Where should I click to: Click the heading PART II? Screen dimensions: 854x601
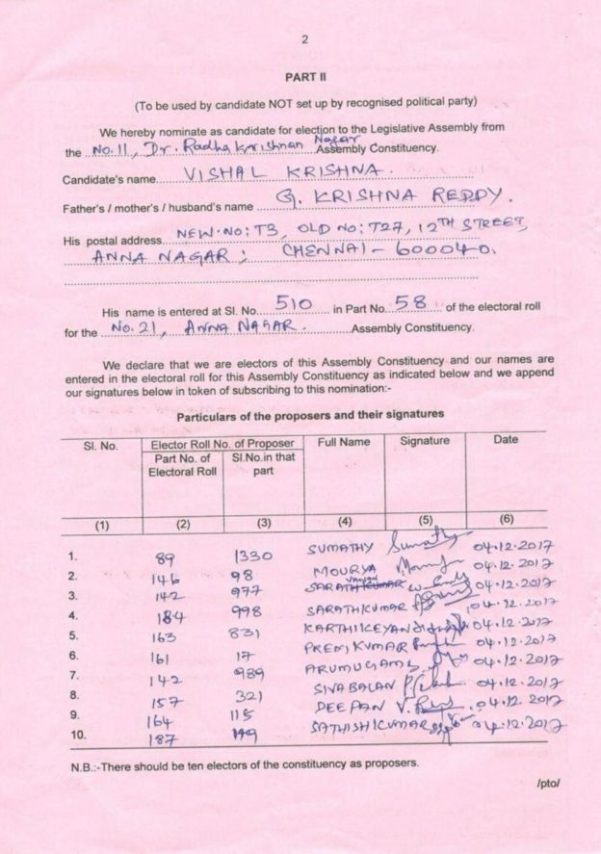tap(300, 75)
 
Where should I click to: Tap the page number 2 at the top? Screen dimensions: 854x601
tap(304, 39)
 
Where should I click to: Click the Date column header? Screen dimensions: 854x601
tap(505, 440)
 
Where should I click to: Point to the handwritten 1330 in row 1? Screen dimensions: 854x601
tap(255, 556)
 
